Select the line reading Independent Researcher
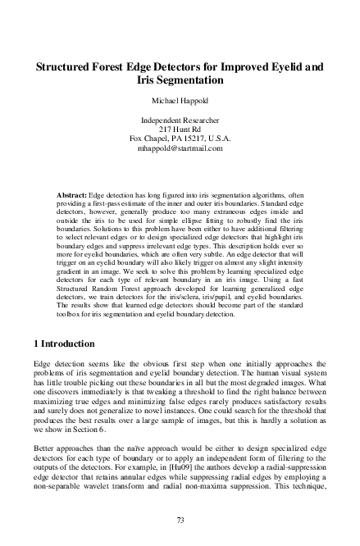pos(180,121)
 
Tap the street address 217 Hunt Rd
pos(180,130)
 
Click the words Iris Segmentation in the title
pos(180,81)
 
